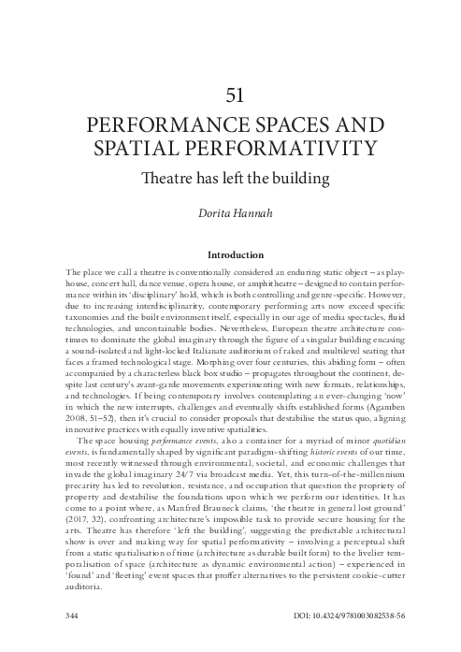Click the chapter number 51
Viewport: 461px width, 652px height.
(x=230, y=94)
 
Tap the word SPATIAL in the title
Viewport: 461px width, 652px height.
(x=167, y=148)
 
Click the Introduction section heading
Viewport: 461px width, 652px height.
(x=230, y=254)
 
